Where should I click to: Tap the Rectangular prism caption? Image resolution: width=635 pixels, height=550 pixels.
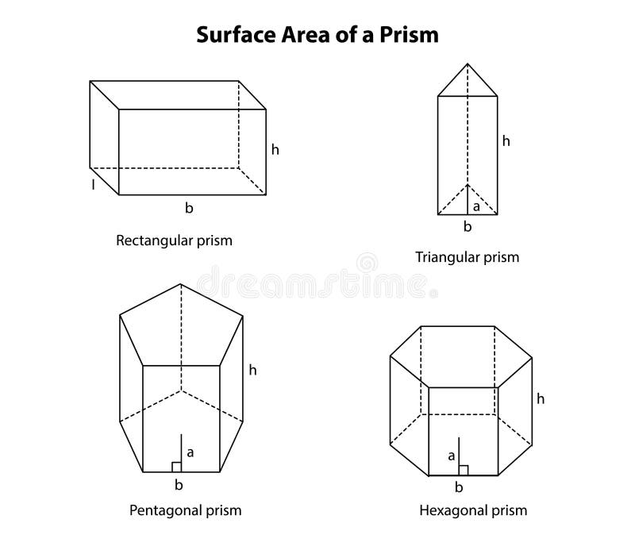point(174,240)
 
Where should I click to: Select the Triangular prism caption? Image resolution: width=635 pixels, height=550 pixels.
point(467,256)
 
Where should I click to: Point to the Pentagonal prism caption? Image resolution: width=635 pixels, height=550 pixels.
point(185,510)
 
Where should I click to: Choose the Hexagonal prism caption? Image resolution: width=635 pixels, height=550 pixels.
point(473,510)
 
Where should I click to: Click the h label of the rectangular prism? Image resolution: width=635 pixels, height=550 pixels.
point(275,148)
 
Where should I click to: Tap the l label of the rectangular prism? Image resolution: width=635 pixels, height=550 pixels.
point(93,184)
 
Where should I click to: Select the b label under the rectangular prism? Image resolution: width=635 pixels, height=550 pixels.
point(189,208)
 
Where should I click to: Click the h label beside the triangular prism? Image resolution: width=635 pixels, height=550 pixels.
point(506,141)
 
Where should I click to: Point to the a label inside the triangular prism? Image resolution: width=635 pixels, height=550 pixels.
point(476,206)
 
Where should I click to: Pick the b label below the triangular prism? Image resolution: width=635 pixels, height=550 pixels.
point(468,227)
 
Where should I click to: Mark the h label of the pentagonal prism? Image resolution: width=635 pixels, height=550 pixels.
point(252,369)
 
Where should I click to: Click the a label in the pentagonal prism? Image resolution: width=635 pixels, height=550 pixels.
point(190,452)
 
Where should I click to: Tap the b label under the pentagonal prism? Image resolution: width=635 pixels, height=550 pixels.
point(179,485)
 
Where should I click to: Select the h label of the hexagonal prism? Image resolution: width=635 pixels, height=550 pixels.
point(541,398)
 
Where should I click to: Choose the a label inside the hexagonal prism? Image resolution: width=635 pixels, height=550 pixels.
point(451,456)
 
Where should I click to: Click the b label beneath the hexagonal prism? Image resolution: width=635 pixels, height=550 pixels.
point(459,487)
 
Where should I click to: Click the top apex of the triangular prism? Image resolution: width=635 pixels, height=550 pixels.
point(468,64)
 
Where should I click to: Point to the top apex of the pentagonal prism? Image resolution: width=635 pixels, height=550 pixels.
point(181,283)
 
